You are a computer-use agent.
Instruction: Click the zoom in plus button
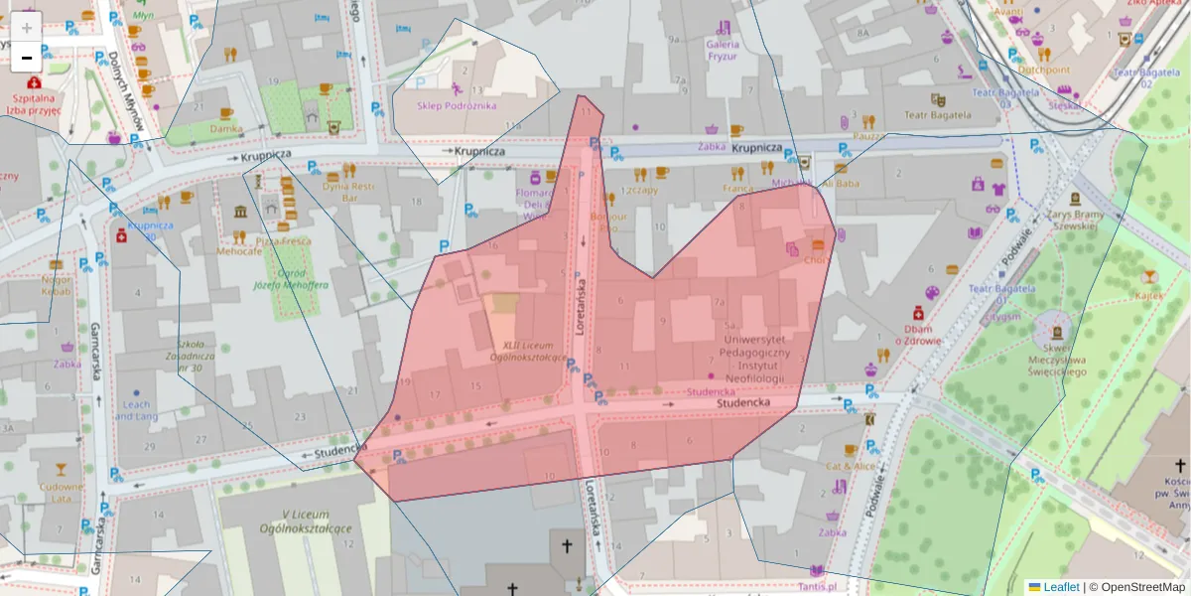click(x=27, y=27)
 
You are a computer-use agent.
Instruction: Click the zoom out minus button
click(x=27, y=58)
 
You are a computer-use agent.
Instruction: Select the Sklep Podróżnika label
click(x=457, y=105)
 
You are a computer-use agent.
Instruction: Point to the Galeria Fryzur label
click(x=723, y=51)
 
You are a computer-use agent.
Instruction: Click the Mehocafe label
click(x=239, y=251)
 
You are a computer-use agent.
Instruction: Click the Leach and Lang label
click(x=135, y=410)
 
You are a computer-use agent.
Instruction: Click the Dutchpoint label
click(x=1044, y=70)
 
